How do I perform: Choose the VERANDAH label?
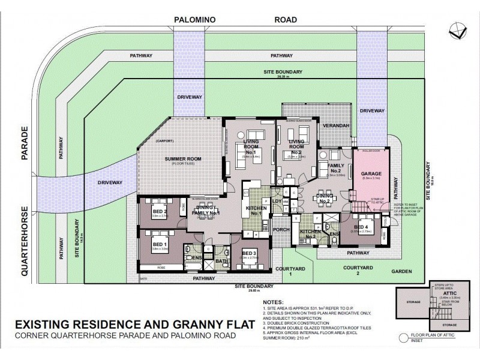pyautogui.click(x=335, y=125)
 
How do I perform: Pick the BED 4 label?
pyautogui.click(x=361, y=227)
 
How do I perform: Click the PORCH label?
pyautogui.click(x=280, y=229)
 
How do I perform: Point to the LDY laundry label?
pyautogui.click(x=277, y=201)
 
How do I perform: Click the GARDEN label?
pyautogui.click(x=402, y=272)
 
